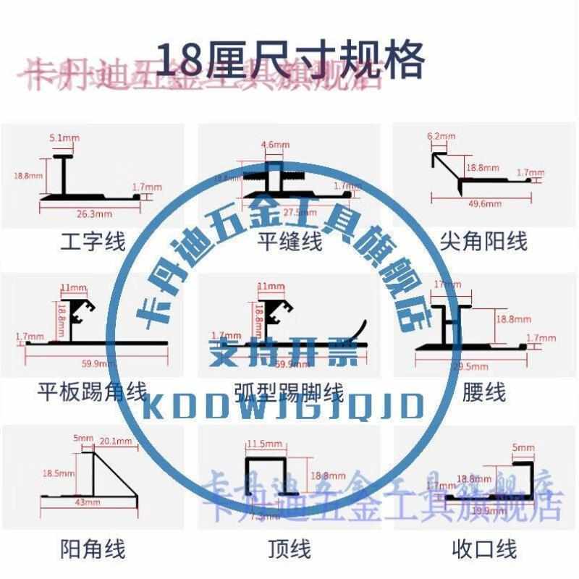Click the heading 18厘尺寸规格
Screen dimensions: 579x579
pyautogui.click(x=289, y=61)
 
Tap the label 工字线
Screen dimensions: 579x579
pyautogui.click(x=93, y=241)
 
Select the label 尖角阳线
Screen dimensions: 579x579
pyautogui.click(x=483, y=241)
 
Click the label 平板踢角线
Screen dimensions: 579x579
pyautogui.click(x=91, y=393)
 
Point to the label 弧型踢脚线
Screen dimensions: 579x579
pyautogui.click(x=289, y=393)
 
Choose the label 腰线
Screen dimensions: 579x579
pyautogui.click(x=483, y=393)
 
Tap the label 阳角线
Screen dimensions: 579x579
pyautogui.click(x=93, y=549)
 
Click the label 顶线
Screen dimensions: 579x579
pyautogui.click(x=289, y=549)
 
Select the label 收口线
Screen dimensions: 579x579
pyautogui.click(x=483, y=549)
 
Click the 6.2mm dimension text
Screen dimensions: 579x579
pyautogui.click(x=441, y=136)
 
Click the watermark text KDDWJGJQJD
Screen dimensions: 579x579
pyautogui.click(x=284, y=407)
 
